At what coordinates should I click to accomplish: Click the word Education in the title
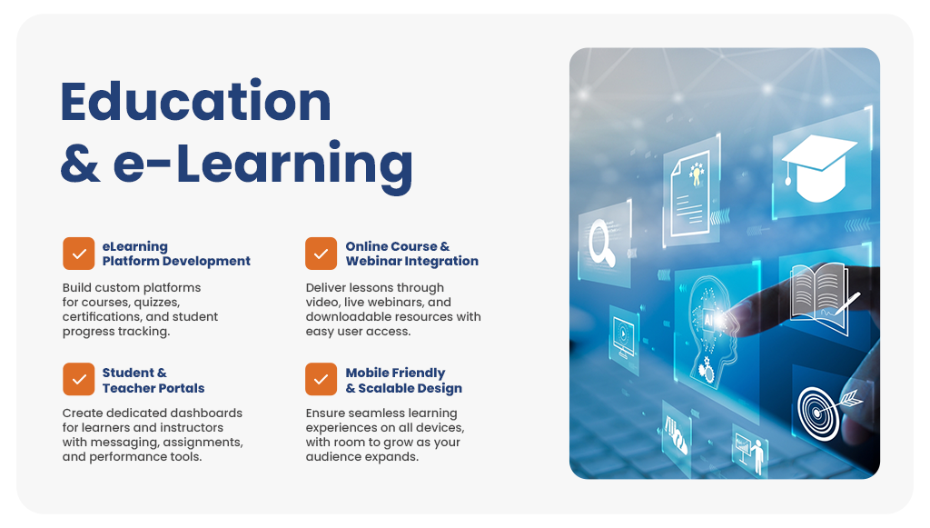(x=196, y=102)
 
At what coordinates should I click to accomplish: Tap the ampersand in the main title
(x=80, y=163)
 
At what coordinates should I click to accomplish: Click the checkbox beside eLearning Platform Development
(x=79, y=254)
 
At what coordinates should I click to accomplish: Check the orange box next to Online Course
(x=321, y=254)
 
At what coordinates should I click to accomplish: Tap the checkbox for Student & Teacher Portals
(x=79, y=379)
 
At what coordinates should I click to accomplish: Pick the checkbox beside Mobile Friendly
(x=321, y=379)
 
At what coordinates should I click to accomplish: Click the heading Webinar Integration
(x=411, y=261)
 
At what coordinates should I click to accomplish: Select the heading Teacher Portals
(x=153, y=388)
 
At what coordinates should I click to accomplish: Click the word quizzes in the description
(x=156, y=303)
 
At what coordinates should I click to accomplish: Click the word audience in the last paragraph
(x=331, y=457)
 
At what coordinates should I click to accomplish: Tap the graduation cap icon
(x=818, y=167)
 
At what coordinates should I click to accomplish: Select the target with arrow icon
(x=827, y=411)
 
